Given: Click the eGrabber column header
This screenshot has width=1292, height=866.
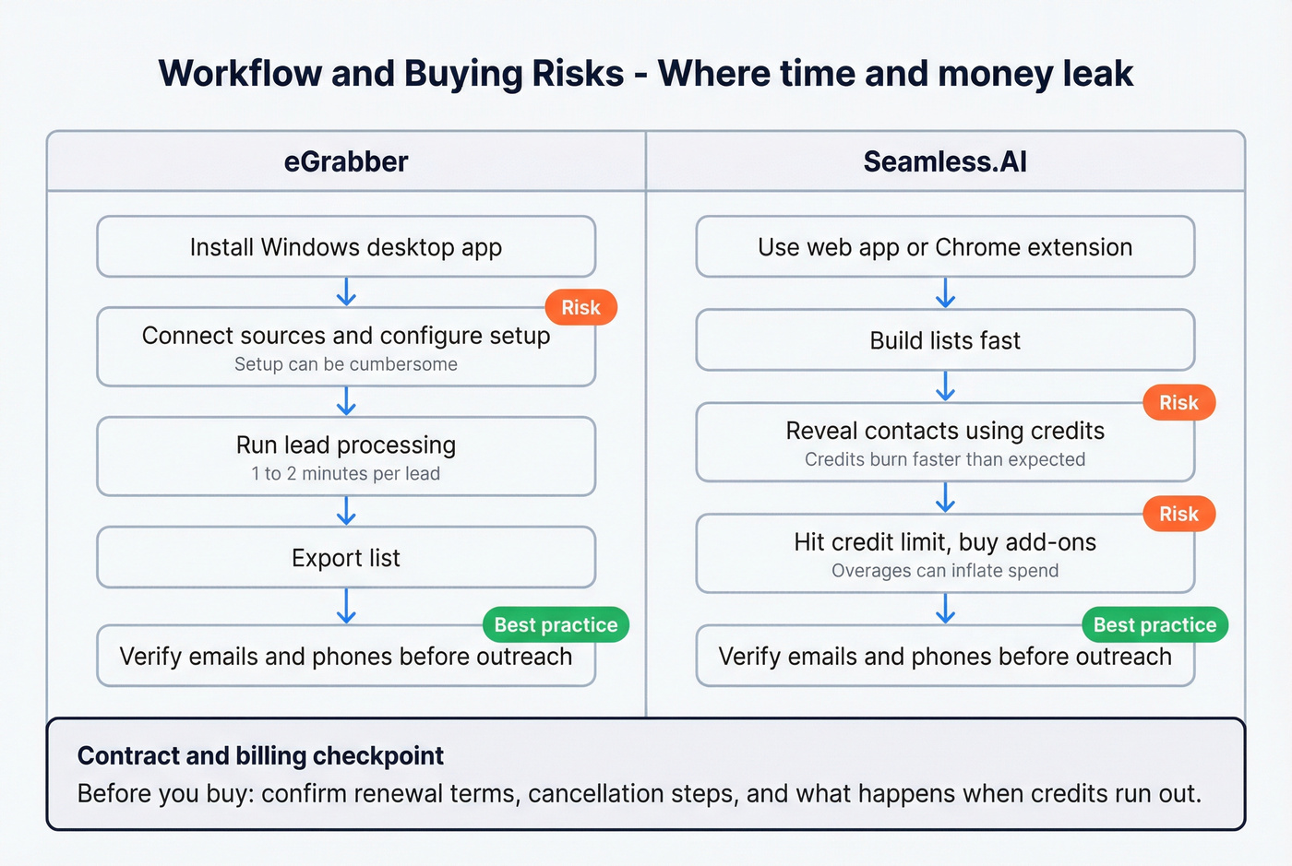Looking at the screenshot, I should pyautogui.click(x=346, y=162).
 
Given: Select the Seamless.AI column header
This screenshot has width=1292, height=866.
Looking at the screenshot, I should pyautogui.click(x=945, y=162).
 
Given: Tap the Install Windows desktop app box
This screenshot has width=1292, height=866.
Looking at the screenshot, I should pyautogui.click(x=346, y=247).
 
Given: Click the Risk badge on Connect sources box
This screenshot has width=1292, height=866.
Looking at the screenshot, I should pyautogui.click(x=580, y=307).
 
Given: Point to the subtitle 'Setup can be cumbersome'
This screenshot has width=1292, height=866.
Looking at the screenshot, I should pyautogui.click(x=346, y=364).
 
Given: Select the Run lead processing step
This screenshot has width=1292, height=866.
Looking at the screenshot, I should pyautogui.click(x=346, y=445).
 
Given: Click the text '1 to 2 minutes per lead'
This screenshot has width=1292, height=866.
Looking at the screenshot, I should pyautogui.click(x=346, y=474).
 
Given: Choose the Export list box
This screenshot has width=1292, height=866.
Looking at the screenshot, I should pyautogui.click(x=346, y=558).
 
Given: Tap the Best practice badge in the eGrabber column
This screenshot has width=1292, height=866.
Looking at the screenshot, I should pyautogui.click(x=556, y=624).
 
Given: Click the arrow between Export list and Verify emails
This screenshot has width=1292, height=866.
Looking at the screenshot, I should pyautogui.click(x=346, y=607).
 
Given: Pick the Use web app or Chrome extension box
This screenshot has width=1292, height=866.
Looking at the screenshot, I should pyautogui.click(x=945, y=247).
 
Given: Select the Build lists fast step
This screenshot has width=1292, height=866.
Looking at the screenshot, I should pyautogui.click(x=945, y=340).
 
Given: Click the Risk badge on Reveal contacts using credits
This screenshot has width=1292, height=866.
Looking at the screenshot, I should pyautogui.click(x=1178, y=402).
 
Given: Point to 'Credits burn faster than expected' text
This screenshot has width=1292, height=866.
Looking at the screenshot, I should pyautogui.click(x=945, y=459).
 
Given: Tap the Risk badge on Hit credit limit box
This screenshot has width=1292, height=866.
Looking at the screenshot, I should pyautogui.click(x=1178, y=514).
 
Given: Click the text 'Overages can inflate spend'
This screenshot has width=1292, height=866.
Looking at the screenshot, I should pyautogui.click(x=945, y=571).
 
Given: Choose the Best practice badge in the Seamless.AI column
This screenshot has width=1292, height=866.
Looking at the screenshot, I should pyautogui.click(x=1154, y=624).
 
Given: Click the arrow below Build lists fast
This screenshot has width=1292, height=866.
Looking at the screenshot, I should pyautogui.click(x=945, y=386).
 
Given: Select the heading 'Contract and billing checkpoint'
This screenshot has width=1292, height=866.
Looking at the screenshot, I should pyautogui.click(x=260, y=756).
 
